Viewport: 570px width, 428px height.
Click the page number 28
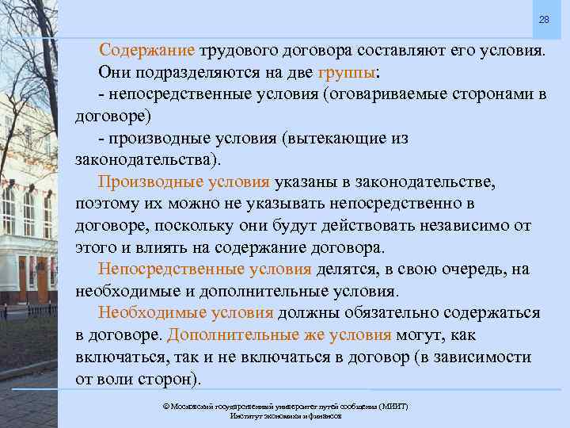point(544,19)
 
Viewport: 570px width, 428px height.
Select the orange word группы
point(348,72)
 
